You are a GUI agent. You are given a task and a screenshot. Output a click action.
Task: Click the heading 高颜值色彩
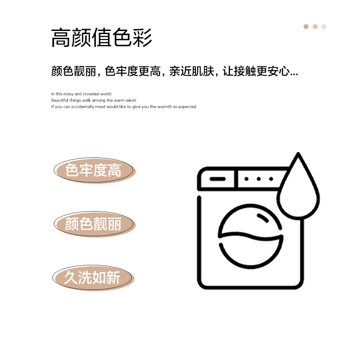pos(101,37)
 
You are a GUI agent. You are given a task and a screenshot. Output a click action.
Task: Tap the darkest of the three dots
pos(306,27)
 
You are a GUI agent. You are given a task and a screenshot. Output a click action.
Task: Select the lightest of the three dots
pos(324,27)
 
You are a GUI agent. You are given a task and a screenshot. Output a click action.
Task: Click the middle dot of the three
pos(315,27)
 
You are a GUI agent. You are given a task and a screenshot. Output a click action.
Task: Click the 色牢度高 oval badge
pos(95,170)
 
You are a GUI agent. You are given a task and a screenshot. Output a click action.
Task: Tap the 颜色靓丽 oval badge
pos(95,224)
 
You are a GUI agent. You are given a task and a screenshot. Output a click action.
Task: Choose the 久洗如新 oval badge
pos(93,278)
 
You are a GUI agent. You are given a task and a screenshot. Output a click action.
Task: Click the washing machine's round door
pos(250,236)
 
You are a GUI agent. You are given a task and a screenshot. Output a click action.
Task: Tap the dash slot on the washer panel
pos(217,179)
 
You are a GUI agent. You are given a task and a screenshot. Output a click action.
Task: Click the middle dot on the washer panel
pos(259,179)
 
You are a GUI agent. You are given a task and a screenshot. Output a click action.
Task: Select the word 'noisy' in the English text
pos(68,94)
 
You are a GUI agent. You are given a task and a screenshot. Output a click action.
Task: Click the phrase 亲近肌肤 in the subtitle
pos(192,71)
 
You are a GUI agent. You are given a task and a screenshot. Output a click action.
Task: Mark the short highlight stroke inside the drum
pos(263,218)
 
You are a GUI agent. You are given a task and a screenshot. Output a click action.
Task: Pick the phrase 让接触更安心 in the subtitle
pos(256,71)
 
